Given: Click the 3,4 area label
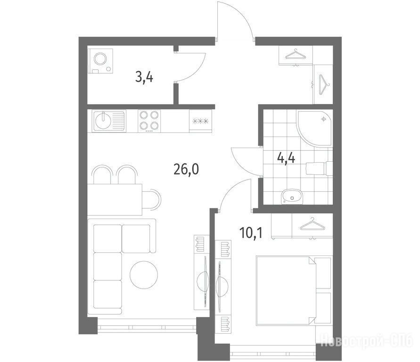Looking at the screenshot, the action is (144, 77).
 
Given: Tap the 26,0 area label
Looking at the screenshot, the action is (186, 169).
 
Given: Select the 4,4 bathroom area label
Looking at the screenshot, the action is (286, 158).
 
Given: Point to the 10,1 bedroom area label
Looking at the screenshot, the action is (251, 233).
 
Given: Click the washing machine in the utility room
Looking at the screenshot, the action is (100, 61).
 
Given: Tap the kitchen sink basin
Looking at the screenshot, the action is (103, 121).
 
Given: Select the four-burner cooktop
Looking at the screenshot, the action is (149, 121).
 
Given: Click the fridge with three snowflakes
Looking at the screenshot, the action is (200, 121).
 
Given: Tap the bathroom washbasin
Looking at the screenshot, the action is (291, 197).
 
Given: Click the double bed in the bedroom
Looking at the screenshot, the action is (294, 290).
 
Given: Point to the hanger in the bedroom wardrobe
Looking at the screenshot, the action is (312, 225).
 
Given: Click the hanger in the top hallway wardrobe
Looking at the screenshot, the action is (296, 54).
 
